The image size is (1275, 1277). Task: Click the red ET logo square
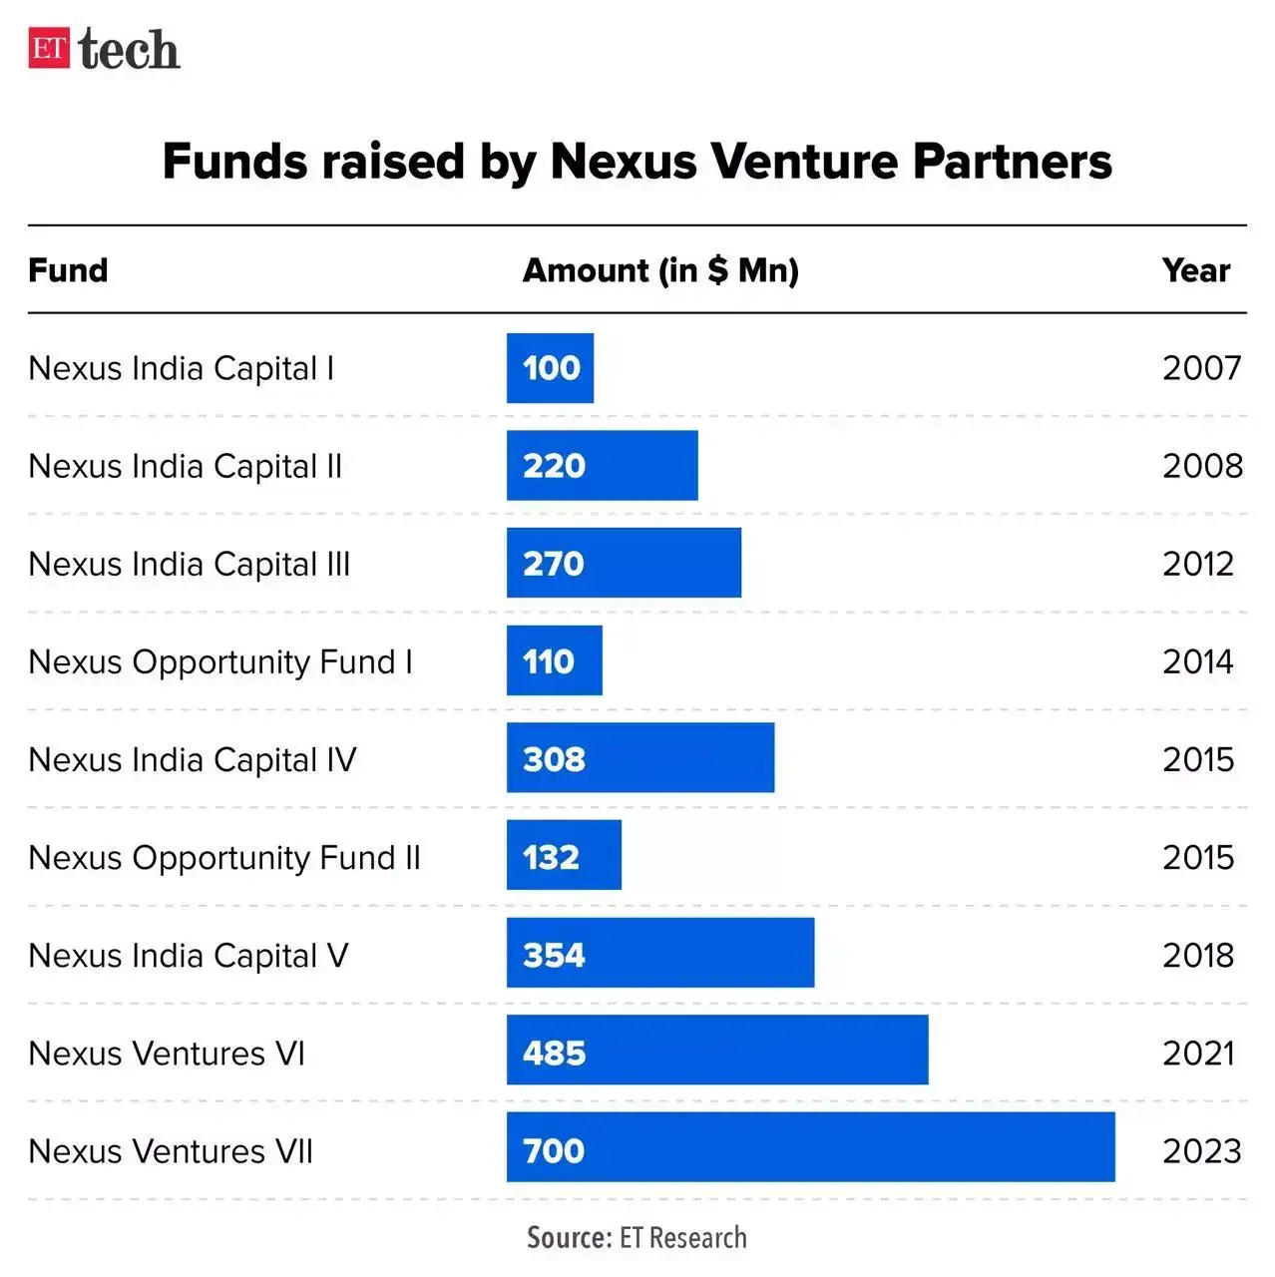pyautogui.click(x=49, y=48)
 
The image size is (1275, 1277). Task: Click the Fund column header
pyautogui.click(x=68, y=270)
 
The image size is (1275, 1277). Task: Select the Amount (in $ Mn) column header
pyautogui.click(x=660, y=270)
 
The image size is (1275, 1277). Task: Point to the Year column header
pyautogui.click(x=1195, y=270)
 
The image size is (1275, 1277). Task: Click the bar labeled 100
pyautogui.click(x=550, y=368)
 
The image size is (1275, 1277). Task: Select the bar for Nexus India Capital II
pyautogui.click(x=602, y=466)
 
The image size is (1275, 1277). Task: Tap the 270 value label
pyautogui.click(x=554, y=564)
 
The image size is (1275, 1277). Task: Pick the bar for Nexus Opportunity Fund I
pyautogui.click(x=554, y=660)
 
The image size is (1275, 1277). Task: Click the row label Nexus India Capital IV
pyautogui.click(x=192, y=759)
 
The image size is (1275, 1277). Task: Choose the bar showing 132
pyautogui.click(x=564, y=856)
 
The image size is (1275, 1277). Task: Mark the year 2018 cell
pyautogui.click(x=1198, y=955)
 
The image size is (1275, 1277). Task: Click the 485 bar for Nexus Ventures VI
pyautogui.click(x=716, y=1051)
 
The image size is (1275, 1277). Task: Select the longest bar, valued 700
pyautogui.click(x=810, y=1147)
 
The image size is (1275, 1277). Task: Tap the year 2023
pyautogui.click(x=1201, y=1150)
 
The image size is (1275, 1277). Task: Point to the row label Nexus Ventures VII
pyautogui.click(x=171, y=1150)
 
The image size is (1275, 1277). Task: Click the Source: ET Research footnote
pyautogui.click(x=637, y=1238)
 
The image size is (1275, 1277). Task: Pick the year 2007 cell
pyautogui.click(x=1201, y=368)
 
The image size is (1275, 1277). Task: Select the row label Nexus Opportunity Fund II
pyautogui.click(x=224, y=857)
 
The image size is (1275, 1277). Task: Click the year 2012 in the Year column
pyautogui.click(x=1198, y=564)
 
